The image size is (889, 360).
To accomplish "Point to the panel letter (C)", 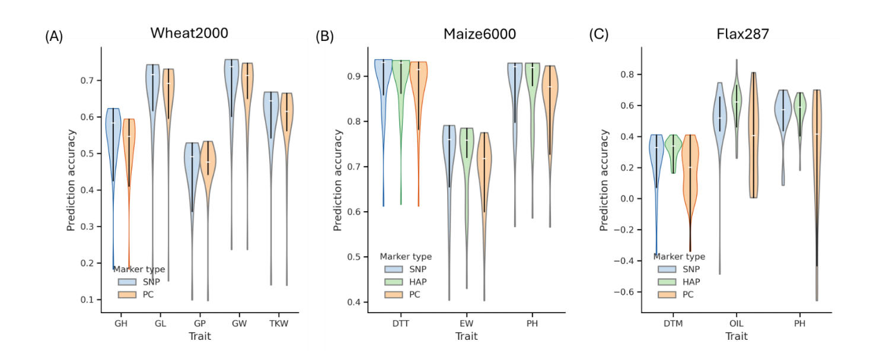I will point(598,34).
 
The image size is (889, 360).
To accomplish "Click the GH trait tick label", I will point(121,324).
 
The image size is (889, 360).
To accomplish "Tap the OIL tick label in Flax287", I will point(736,324).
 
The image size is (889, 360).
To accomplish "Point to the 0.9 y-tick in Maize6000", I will point(361,77).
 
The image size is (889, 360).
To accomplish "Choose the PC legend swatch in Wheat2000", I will point(125,294).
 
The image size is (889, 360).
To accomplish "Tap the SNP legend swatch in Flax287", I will point(665,269).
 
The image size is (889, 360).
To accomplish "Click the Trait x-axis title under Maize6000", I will point(467,336).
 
